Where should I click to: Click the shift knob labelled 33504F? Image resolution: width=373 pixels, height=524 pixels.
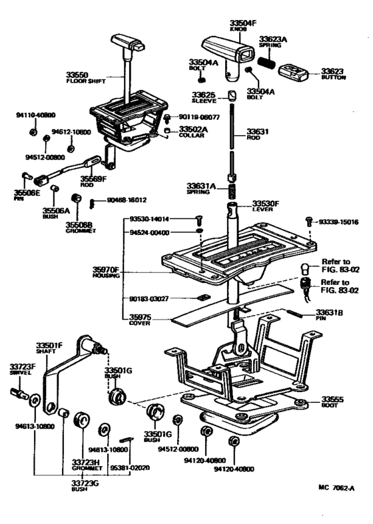coord(228,49)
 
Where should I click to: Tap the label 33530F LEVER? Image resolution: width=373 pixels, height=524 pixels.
coord(265,206)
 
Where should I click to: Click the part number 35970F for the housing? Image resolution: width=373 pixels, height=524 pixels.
coord(106,270)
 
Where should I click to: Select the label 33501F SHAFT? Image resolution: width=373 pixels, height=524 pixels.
coord(49,347)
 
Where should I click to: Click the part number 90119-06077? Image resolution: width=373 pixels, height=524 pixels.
coord(200,117)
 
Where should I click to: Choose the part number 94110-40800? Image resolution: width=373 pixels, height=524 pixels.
coord(36,115)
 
